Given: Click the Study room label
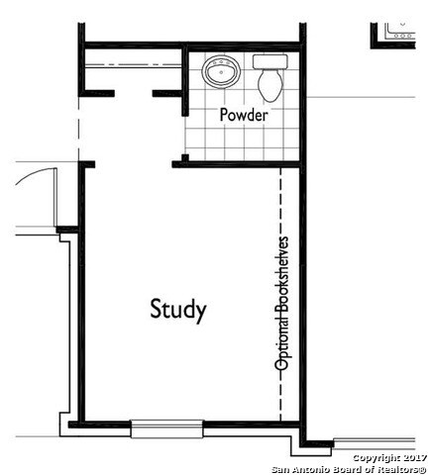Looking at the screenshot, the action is pos(178,310).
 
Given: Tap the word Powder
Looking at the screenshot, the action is pos(244,115).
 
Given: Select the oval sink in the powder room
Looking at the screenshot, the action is pos(221,71).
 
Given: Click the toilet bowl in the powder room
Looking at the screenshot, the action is pos(270,85).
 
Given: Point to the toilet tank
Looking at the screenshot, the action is pos(270,61).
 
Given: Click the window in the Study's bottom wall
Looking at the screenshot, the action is pos(166,428).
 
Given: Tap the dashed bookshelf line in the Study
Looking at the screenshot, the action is pos(280,294).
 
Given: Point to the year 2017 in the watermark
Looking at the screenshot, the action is pos(415,458).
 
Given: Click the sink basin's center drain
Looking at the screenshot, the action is pos(221,72).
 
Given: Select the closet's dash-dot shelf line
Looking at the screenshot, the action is pos(133,64).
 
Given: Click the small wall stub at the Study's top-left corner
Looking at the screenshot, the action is pos(86,164).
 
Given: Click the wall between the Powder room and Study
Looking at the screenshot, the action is pos(236,164).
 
